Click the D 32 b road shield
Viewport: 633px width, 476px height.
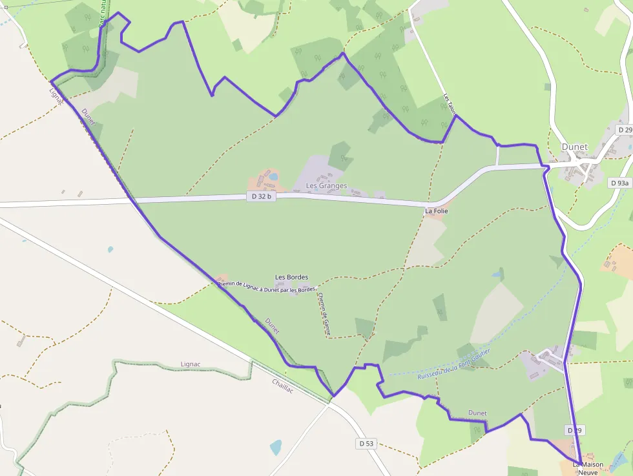tap(261, 196)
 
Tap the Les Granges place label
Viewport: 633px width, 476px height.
tap(326, 186)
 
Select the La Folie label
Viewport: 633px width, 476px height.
tap(436, 211)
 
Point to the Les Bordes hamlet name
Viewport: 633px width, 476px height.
tap(291, 277)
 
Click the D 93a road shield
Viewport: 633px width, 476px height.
tap(619, 183)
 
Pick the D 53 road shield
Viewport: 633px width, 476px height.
tap(366, 444)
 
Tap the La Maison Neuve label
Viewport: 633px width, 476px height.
tap(588, 468)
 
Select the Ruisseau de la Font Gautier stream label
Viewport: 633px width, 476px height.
tap(454, 364)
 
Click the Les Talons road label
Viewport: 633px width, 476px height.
tap(450, 105)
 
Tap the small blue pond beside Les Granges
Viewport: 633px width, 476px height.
tap(274, 176)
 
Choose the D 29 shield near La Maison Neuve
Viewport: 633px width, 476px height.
tap(576, 430)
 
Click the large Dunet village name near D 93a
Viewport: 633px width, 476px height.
tap(574, 147)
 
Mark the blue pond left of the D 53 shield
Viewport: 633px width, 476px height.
tap(276, 447)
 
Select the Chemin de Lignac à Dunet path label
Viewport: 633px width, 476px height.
tap(267, 285)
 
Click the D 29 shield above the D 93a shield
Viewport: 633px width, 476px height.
tap(624, 130)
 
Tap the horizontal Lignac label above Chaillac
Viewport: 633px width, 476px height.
tap(191, 364)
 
